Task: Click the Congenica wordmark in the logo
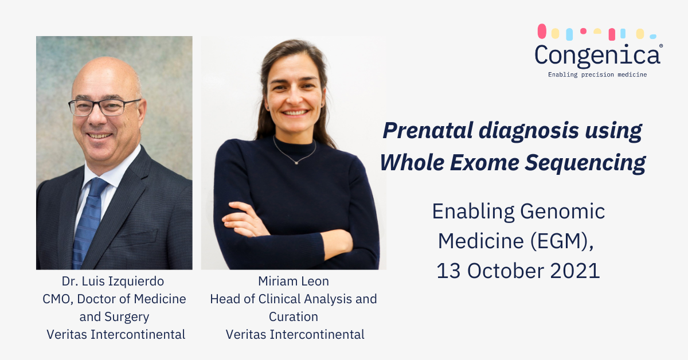coord(597,55)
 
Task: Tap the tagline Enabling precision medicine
coord(597,75)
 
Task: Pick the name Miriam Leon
coord(293,281)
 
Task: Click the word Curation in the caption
coord(293,316)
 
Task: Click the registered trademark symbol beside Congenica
coord(661,45)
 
